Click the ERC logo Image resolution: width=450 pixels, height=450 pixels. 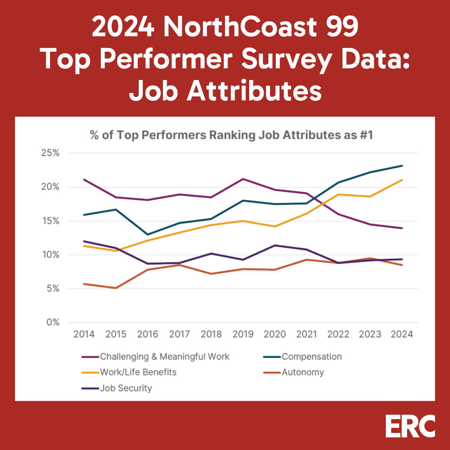coord(410,426)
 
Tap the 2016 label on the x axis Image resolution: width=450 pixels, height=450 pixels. coord(147,334)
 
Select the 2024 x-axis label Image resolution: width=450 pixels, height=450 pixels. coord(402,334)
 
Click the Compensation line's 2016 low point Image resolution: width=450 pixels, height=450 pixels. coord(147,234)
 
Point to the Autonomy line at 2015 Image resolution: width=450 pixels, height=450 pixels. coord(116,288)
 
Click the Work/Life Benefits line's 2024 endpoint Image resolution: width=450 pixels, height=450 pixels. coord(402,180)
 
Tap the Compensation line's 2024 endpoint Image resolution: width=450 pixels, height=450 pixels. coord(402,166)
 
